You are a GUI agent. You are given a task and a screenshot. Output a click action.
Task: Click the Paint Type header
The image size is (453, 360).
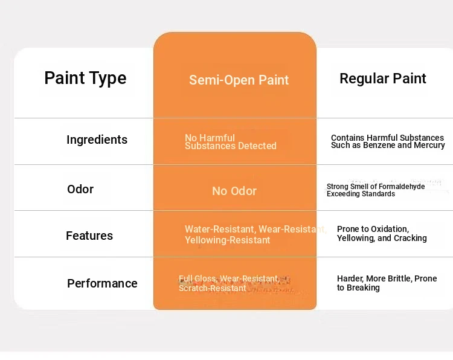(85, 79)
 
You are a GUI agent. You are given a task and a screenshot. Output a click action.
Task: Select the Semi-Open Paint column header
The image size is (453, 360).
(239, 80)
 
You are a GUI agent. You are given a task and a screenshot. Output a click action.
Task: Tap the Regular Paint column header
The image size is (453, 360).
(383, 79)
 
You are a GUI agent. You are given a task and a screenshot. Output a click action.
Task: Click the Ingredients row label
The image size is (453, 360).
(97, 140)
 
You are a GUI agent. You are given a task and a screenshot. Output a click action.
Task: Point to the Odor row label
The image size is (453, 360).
(80, 190)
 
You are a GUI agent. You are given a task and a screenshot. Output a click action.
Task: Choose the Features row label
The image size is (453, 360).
(89, 236)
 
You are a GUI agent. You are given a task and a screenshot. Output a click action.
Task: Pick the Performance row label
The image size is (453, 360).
(102, 283)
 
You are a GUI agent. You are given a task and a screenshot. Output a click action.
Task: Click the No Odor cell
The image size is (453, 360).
(234, 191)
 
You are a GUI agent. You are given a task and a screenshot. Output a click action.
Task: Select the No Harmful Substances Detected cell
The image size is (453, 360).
(231, 142)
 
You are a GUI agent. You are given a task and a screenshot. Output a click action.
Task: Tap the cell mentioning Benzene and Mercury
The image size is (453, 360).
(388, 141)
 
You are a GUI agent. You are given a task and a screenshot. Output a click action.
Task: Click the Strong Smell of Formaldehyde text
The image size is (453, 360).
(376, 187)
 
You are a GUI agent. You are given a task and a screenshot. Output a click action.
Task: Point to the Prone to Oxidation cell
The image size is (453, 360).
(382, 233)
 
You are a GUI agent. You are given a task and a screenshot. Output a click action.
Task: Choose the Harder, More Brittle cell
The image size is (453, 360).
(387, 283)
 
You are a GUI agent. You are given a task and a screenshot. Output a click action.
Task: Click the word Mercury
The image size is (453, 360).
(429, 145)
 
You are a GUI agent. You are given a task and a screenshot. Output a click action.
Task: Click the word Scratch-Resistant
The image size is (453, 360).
(213, 288)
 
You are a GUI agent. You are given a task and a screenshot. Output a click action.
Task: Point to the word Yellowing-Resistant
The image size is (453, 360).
(227, 240)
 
